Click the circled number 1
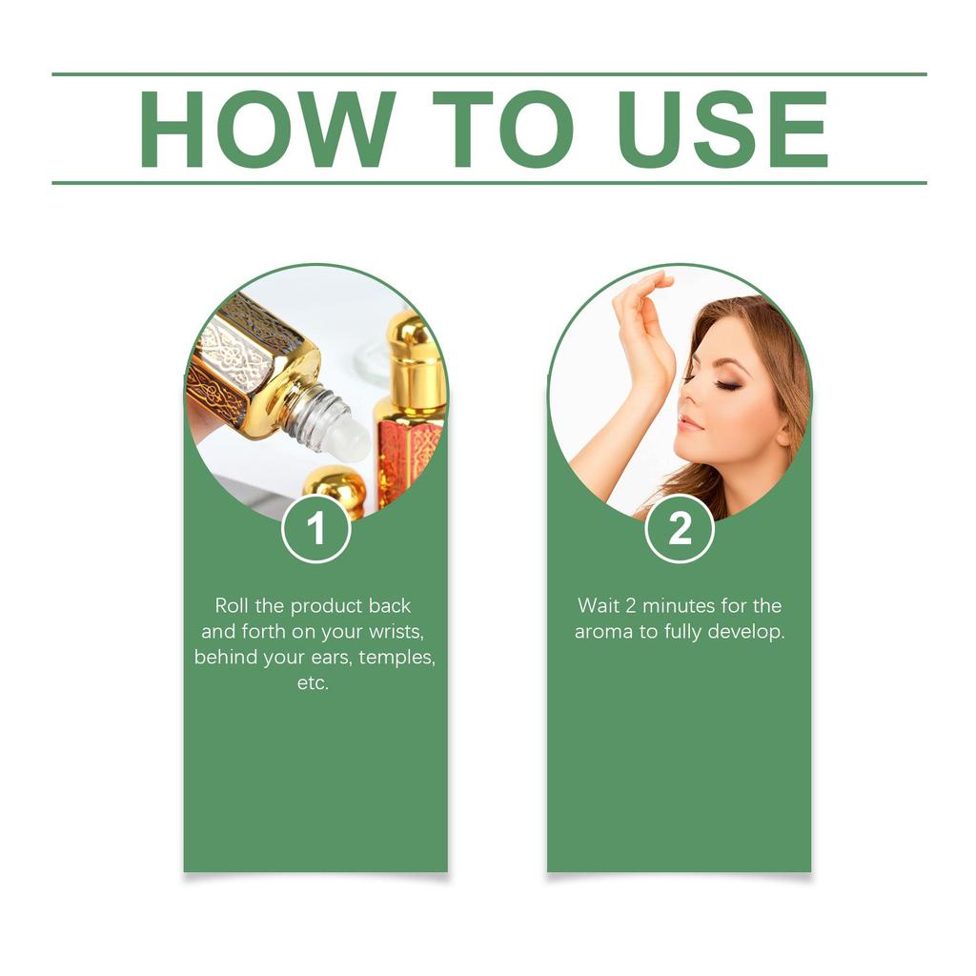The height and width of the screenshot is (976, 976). click(316, 529)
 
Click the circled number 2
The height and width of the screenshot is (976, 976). click(680, 529)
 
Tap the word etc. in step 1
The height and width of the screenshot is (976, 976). click(314, 683)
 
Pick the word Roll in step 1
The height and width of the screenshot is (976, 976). click(232, 605)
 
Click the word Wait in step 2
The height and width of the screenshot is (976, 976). click(599, 605)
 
